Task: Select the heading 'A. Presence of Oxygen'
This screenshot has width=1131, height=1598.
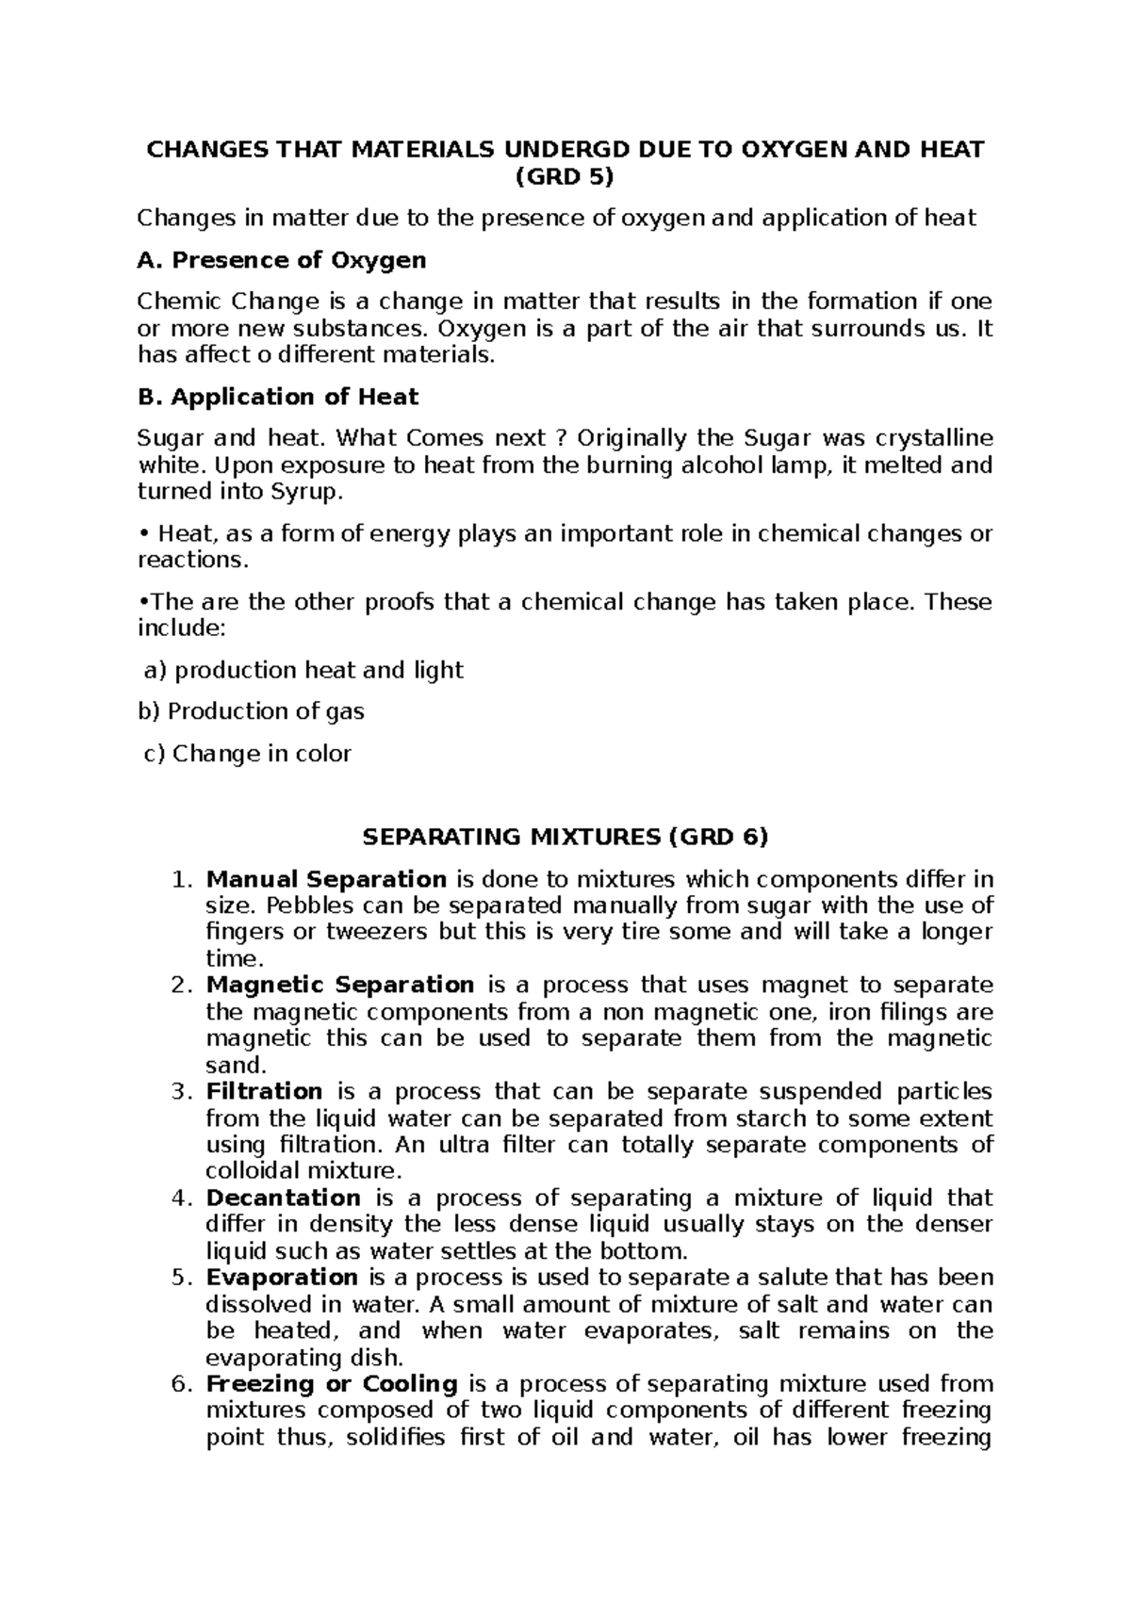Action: pyautogui.click(x=282, y=259)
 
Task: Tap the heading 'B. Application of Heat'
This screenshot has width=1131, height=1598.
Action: pyautogui.click(x=278, y=397)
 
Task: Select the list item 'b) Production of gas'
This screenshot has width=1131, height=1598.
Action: pyautogui.click(x=251, y=711)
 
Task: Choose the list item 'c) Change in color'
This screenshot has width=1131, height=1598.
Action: pyautogui.click(x=247, y=754)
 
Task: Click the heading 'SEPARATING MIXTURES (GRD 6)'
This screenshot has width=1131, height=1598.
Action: pyautogui.click(x=565, y=837)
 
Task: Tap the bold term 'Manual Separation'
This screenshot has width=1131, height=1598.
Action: pyautogui.click(x=326, y=879)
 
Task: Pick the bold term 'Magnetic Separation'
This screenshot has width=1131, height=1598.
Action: pyautogui.click(x=340, y=985)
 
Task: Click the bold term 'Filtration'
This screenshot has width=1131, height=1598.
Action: pyautogui.click(x=265, y=1091)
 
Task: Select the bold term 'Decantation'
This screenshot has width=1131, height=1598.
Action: pyautogui.click(x=284, y=1198)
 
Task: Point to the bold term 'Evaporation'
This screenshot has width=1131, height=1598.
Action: pyautogui.click(x=282, y=1278)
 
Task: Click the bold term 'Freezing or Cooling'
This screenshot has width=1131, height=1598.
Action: pyautogui.click(x=332, y=1384)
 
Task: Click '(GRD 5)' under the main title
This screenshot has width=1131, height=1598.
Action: pyautogui.click(x=565, y=176)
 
